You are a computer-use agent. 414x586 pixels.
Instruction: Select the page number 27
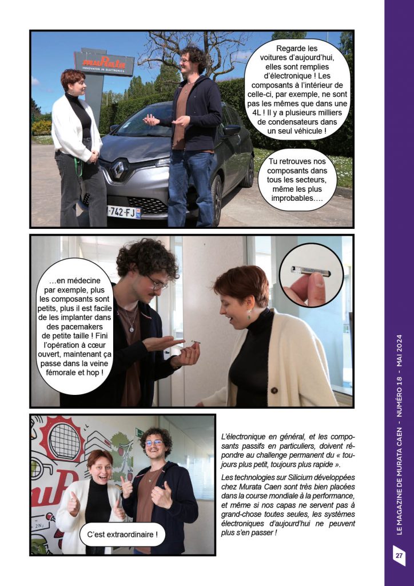[399, 555]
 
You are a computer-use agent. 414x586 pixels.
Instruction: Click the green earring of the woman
[249, 314]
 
